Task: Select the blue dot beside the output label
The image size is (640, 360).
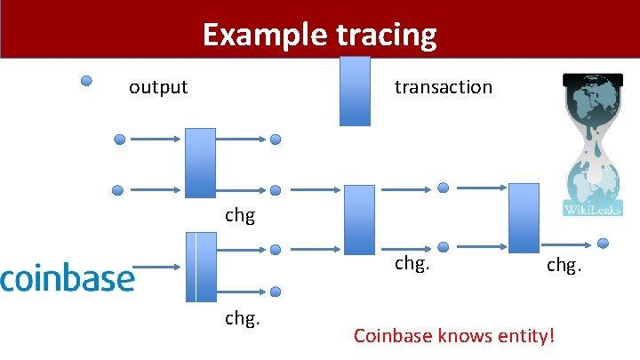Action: [x=86, y=81]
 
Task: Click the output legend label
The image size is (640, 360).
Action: [x=158, y=87]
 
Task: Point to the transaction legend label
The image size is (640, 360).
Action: [x=443, y=87]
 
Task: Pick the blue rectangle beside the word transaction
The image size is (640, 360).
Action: [x=356, y=91]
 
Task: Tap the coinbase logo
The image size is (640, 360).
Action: [x=68, y=277]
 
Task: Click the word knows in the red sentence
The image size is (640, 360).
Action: [x=461, y=337]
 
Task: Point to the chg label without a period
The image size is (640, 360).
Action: [x=240, y=216]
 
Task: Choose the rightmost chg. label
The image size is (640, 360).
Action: [x=564, y=264]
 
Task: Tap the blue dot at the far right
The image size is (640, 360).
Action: [x=604, y=243]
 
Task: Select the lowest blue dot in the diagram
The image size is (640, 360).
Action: [x=276, y=292]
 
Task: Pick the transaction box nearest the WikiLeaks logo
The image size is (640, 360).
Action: [x=524, y=219]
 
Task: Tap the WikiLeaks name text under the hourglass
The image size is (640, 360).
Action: [x=593, y=210]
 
